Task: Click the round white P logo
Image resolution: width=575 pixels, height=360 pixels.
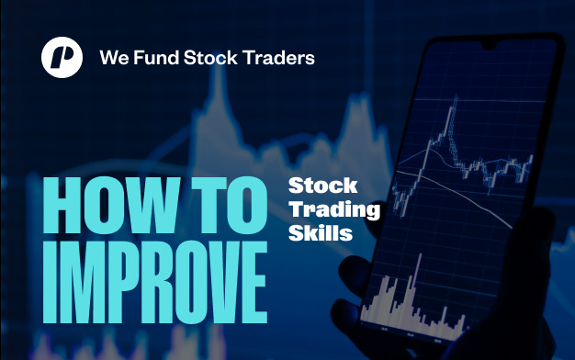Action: (x=62, y=57)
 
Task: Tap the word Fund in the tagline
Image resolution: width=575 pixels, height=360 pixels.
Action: (x=156, y=58)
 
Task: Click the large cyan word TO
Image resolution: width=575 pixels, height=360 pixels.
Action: (x=230, y=206)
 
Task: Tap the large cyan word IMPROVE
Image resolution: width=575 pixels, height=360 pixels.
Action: (x=154, y=282)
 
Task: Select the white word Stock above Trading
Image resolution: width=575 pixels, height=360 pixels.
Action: (x=323, y=186)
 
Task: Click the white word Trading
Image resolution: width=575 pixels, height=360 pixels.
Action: (x=334, y=210)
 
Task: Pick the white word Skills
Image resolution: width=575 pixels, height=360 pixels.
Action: (x=321, y=232)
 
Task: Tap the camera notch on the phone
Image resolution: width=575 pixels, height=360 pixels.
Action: (x=489, y=45)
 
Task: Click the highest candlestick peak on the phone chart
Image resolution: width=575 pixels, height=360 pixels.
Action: (x=456, y=98)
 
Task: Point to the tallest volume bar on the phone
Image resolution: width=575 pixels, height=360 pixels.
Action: (x=419, y=282)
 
